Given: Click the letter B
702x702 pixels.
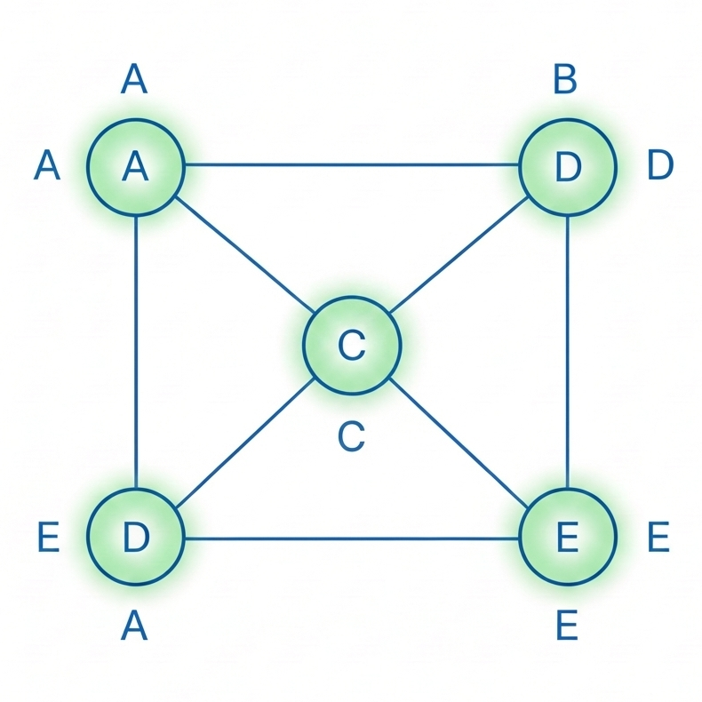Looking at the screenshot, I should pyautogui.click(x=565, y=80).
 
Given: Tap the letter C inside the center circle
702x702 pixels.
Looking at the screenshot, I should pyautogui.click(x=352, y=345).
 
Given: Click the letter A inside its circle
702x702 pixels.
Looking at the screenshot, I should pyautogui.click(x=135, y=166).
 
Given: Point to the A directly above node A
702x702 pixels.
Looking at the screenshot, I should pyautogui.click(x=134, y=80).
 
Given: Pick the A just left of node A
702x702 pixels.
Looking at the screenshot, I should pyautogui.click(x=47, y=166).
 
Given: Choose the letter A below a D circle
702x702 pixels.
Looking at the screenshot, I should pyautogui.click(x=134, y=627).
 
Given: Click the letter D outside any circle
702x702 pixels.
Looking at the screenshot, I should pyautogui.click(x=660, y=165).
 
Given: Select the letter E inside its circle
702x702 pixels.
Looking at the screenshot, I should pyautogui.click(x=567, y=537).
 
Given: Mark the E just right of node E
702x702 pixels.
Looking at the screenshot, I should pyautogui.click(x=658, y=537).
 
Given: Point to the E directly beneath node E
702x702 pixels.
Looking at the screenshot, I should pyautogui.click(x=566, y=627).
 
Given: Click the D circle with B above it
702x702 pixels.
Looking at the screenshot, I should pyautogui.click(x=567, y=166).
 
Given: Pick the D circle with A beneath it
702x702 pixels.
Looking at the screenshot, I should pyautogui.click(x=135, y=537).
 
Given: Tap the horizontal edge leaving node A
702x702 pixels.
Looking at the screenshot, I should pyautogui.click(x=351, y=164).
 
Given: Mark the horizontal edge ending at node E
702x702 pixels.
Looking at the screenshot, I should pyautogui.click(x=351, y=538).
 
